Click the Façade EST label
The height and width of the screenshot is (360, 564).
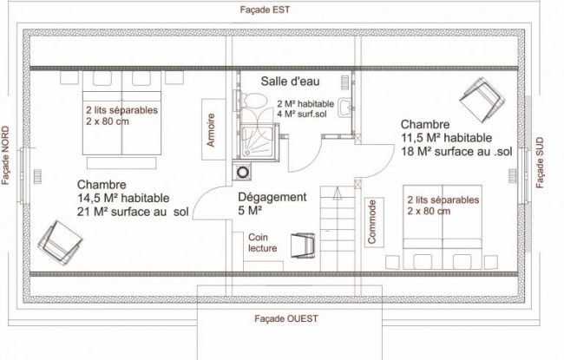(x=265, y=10)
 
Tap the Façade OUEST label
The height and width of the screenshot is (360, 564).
(x=286, y=318)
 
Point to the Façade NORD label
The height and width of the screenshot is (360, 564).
(x=5, y=155)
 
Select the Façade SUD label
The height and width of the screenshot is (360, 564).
(x=540, y=162)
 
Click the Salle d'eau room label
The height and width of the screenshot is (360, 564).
(x=291, y=82)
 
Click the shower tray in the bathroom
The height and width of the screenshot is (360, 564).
(x=259, y=141)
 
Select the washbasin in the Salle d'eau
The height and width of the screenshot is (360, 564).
(x=344, y=108)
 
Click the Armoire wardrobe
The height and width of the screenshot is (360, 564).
(x=213, y=129)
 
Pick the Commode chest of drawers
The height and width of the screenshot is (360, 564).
(x=374, y=222)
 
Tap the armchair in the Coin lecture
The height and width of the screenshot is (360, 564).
(x=303, y=245)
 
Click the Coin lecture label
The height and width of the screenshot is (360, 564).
(x=263, y=243)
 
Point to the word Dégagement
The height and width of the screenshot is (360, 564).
(x=272, y=197)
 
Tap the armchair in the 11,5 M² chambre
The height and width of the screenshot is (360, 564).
(x=482, y=100)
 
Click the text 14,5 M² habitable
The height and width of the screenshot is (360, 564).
(x=123, y=198)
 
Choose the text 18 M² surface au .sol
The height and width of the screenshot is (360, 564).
(x=456, y=152)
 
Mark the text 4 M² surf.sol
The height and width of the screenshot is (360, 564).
(x=302, y=115)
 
